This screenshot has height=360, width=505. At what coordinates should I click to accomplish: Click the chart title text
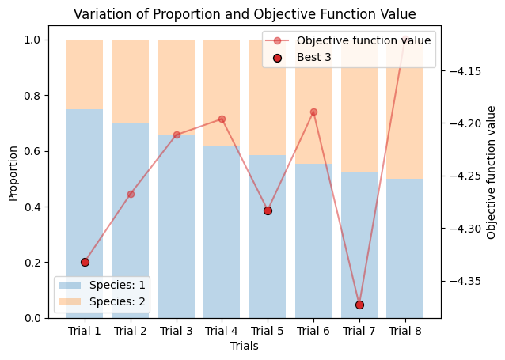(244, 14)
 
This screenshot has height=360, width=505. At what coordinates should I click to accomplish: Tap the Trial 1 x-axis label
(85, 331)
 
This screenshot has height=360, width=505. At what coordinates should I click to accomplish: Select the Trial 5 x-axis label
(268, 331)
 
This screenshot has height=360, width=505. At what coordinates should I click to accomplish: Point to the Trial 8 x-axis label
(404, 331)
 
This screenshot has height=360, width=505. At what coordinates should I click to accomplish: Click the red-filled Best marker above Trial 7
(359, 305)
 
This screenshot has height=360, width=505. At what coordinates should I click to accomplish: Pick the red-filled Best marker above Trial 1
(85, 262)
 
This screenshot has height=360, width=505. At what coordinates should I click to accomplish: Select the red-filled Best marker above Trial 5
(268, 210)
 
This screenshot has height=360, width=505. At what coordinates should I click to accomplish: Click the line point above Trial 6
(313, 112)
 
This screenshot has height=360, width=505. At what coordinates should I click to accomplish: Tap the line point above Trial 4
(222, 119)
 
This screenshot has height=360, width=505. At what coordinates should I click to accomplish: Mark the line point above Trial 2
(131, 194)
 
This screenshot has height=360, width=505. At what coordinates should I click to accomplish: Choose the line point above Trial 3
(177, 135)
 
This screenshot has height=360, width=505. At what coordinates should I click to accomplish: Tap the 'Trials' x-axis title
(244, 346)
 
